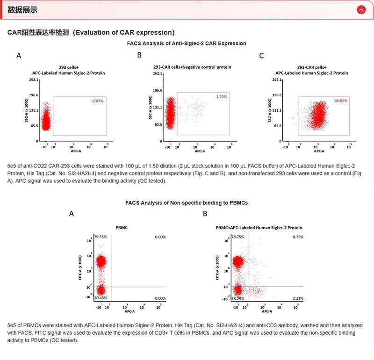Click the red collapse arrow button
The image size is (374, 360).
click(360, 9)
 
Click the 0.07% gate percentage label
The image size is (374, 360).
click(98, 101)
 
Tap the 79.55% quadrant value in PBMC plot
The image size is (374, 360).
click(101, 237)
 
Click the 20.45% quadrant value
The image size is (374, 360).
click(101, 298)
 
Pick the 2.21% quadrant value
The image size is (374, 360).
click(297, 298)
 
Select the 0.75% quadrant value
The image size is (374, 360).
click(298, 237)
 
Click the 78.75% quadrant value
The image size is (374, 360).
click(238, 237)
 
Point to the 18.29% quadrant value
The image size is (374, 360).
click(238, 298)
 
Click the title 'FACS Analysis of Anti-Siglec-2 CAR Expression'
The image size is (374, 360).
click(187, 43)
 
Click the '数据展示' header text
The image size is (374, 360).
click(22, 10)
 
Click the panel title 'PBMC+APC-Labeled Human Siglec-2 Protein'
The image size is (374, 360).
click(259, 228)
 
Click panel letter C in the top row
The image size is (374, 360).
click(261, 56)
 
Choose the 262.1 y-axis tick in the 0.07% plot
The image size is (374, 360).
click(33, 80)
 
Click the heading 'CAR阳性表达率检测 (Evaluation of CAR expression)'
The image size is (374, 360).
click(91, 32)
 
